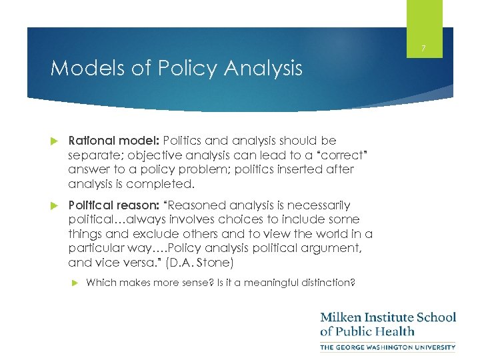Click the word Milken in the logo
tap(342, 317)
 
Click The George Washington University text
tap(387, 347)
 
